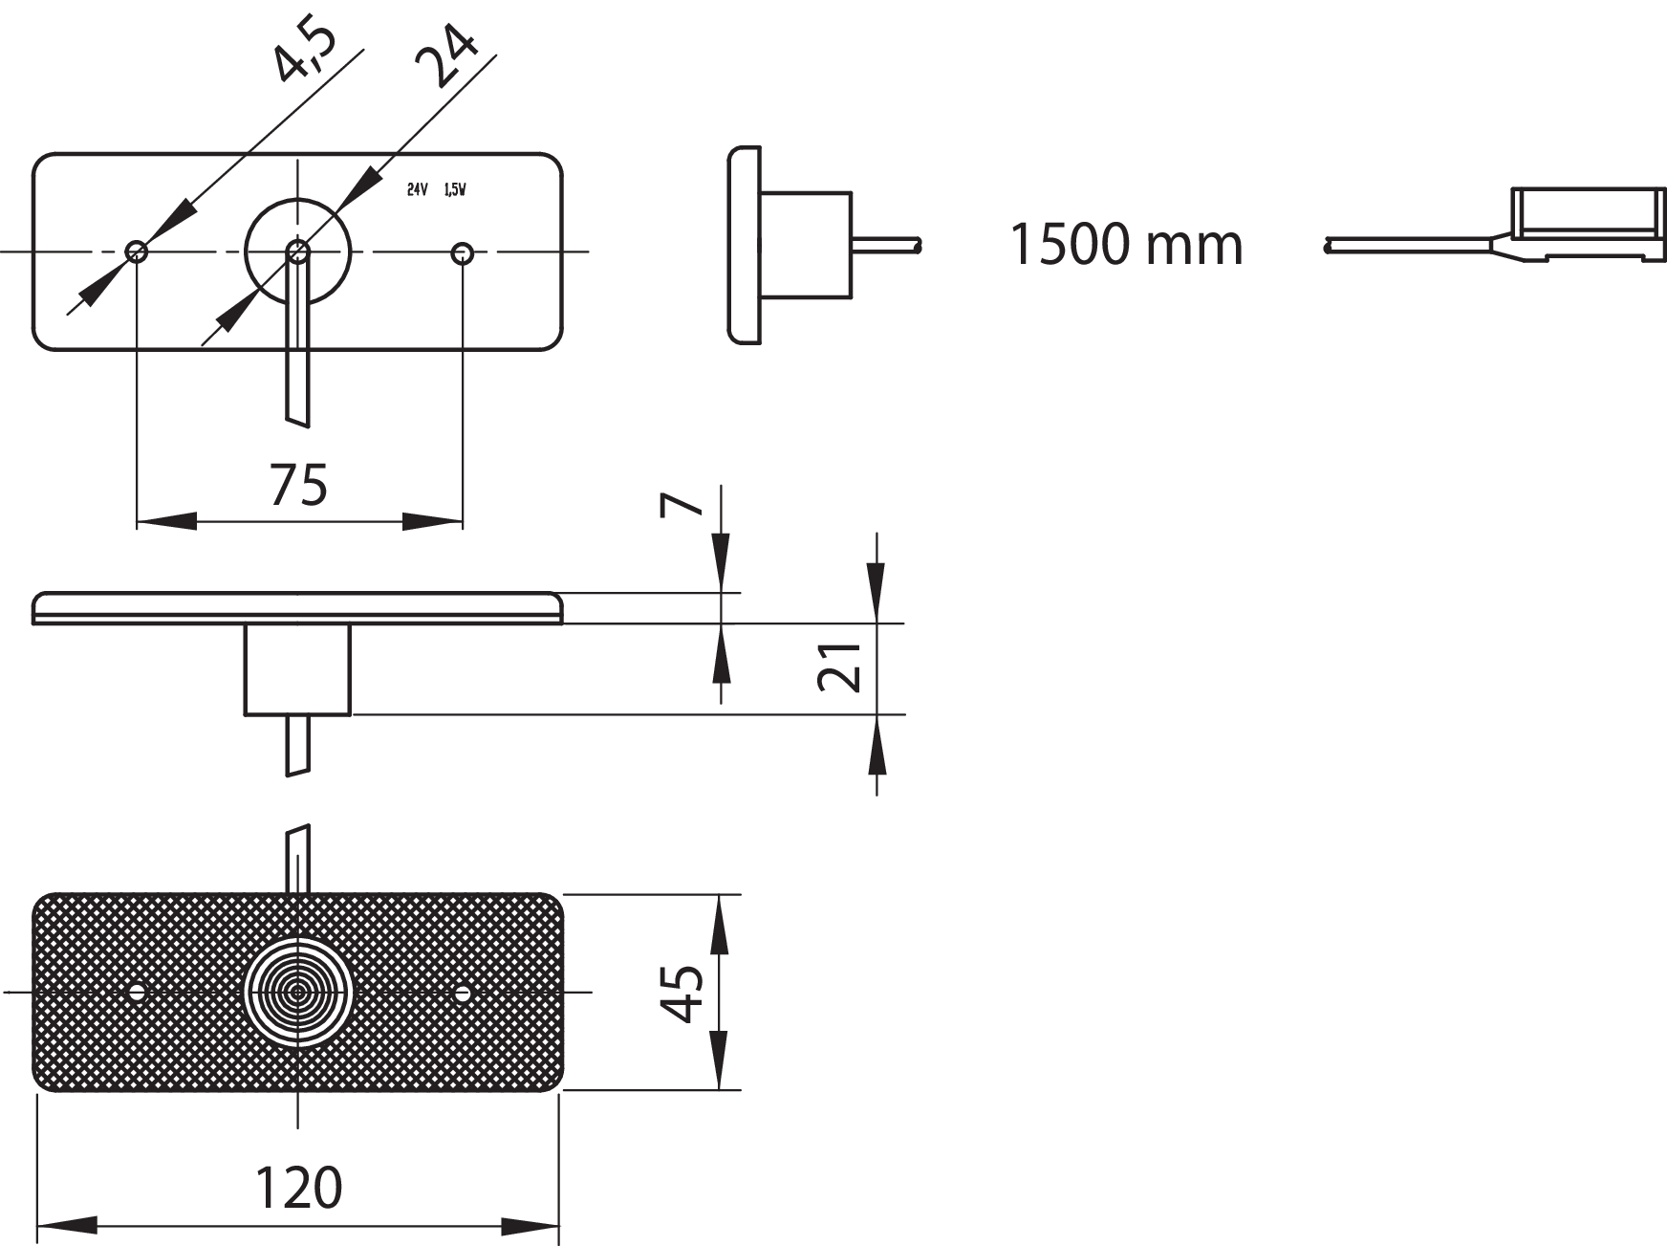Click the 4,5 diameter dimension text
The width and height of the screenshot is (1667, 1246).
click(x=304, y=55)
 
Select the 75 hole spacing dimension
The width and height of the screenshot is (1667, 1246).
click(x=298, y=485)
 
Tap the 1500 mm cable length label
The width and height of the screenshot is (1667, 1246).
click(x=1126, y=245)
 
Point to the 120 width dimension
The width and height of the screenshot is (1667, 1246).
click(x=298, y=1189)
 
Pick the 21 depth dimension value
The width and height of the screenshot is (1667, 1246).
click(x=840, y=667)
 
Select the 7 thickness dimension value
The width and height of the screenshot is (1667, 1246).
click(x=682, y=504)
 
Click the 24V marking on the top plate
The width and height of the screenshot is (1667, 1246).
click(x=417, y=190)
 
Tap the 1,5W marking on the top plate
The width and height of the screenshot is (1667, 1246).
click(x=455, y=190)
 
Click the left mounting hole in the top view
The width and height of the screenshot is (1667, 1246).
click(x=137, y=252)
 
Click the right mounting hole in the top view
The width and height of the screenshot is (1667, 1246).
click(x=463, y=252)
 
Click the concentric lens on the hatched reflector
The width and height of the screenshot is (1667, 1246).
click(x=298, y=993)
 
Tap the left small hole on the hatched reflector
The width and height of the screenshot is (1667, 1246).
click(x=137, y=993)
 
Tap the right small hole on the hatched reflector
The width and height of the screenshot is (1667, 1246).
click(x=463, y=994)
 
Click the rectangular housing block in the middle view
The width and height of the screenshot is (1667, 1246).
click(x=298, y=668)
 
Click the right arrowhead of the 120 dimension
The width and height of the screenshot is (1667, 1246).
click(x=531, y=1227)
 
